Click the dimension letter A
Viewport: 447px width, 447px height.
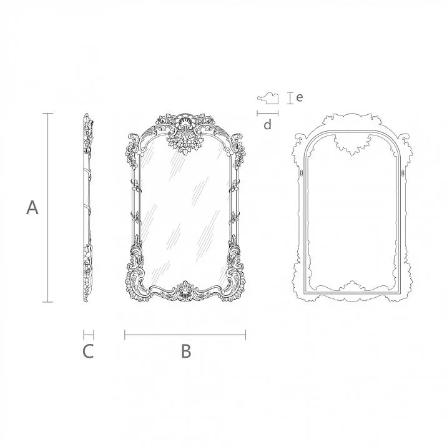(x=32, y=208)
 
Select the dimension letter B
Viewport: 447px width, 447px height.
(x=185, y=352)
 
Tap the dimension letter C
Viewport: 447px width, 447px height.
(x=88, y=352)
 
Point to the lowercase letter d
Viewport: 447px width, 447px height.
(x=267, y=125)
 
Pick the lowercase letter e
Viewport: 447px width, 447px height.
(x=300, y=97)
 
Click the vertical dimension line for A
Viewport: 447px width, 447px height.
(x=47, y=208)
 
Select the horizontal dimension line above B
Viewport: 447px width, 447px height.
(x=185, y=335)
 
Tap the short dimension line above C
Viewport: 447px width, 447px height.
(x=88, y=335)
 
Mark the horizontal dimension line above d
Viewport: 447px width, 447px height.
(x=267, y=113)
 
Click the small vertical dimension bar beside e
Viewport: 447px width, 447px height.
(x=289, y=97)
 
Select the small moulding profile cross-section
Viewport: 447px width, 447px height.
(x=268, y=97)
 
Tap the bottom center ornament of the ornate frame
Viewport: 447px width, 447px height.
(x=185, y=290)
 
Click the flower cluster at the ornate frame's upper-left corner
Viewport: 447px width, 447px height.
(x=132, y=150)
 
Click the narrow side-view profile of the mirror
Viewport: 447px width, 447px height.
(x=87, y=208)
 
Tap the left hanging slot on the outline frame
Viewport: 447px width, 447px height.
(x=301, y=170)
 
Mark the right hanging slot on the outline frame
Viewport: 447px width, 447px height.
(x=403, y=170)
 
